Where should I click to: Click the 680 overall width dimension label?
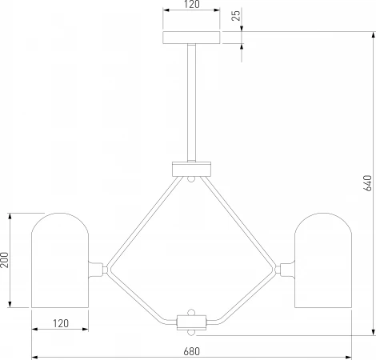coord(191,351)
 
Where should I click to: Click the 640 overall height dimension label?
coord(367,183)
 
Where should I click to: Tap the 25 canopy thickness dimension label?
coord(236,15)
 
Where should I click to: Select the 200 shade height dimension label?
coord(5,260)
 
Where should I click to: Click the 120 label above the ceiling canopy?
coord(192,4)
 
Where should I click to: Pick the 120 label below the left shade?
coord(61,323)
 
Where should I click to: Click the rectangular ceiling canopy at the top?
coord(191,38)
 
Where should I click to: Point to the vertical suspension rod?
coord(191,102)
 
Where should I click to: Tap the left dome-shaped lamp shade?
coord(60,260)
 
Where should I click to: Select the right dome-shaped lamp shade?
coord(323,260)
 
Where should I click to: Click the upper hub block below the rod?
coord(191,169)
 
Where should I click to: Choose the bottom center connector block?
coord(191,322)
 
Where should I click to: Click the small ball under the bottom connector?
coord(191,333)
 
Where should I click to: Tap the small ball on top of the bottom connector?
coord(191,312)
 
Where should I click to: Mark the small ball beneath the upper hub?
coord(191,179)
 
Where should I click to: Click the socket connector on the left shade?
coord(96,270)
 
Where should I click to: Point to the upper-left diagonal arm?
coord(145,222)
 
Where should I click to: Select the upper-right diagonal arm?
coord(238,222)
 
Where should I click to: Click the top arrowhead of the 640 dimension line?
coord(374,34)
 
